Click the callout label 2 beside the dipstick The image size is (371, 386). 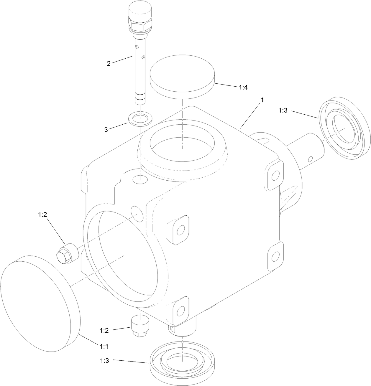(109, 63)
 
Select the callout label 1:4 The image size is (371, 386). (243, 88)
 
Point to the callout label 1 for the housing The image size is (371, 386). (261, 100)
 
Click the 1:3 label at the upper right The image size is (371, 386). (283, 110)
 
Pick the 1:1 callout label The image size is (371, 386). (104, 347)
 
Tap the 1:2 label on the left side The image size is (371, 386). (42, 215)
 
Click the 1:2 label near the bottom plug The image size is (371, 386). (104, 330)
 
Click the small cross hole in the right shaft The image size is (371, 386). (310, 159)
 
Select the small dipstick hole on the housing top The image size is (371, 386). (139, 179)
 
